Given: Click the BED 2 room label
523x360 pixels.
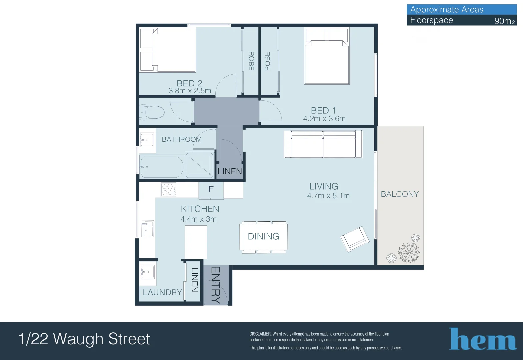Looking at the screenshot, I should [x=189, y=83].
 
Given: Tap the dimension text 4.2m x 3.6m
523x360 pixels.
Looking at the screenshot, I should [x=324, y=119].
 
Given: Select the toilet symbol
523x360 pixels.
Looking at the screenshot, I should [x=152, y=112].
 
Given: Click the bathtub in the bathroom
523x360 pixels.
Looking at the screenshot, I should [x=161, y=167].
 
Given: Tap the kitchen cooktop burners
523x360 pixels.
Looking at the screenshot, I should [x=168, y=190].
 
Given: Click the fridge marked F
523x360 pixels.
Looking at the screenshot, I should [x=211, y=190].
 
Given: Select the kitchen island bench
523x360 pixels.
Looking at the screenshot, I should [x=196, y=242].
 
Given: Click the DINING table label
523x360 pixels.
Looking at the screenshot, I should [x=263, y=236].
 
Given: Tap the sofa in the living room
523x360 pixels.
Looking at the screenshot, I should [x=323, y=144].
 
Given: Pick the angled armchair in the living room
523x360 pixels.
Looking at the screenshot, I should [x=355, y=239].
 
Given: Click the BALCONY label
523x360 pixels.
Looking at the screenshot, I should [x=400, y=194].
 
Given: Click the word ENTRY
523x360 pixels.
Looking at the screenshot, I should [x=216, y=285].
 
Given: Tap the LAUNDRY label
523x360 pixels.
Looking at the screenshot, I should [x=162, y=292].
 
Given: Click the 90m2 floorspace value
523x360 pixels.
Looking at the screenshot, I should [x=504, y=21].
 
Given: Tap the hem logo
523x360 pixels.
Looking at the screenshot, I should [x=483, y=339].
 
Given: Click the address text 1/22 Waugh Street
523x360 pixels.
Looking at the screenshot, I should [x=84, y=339].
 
